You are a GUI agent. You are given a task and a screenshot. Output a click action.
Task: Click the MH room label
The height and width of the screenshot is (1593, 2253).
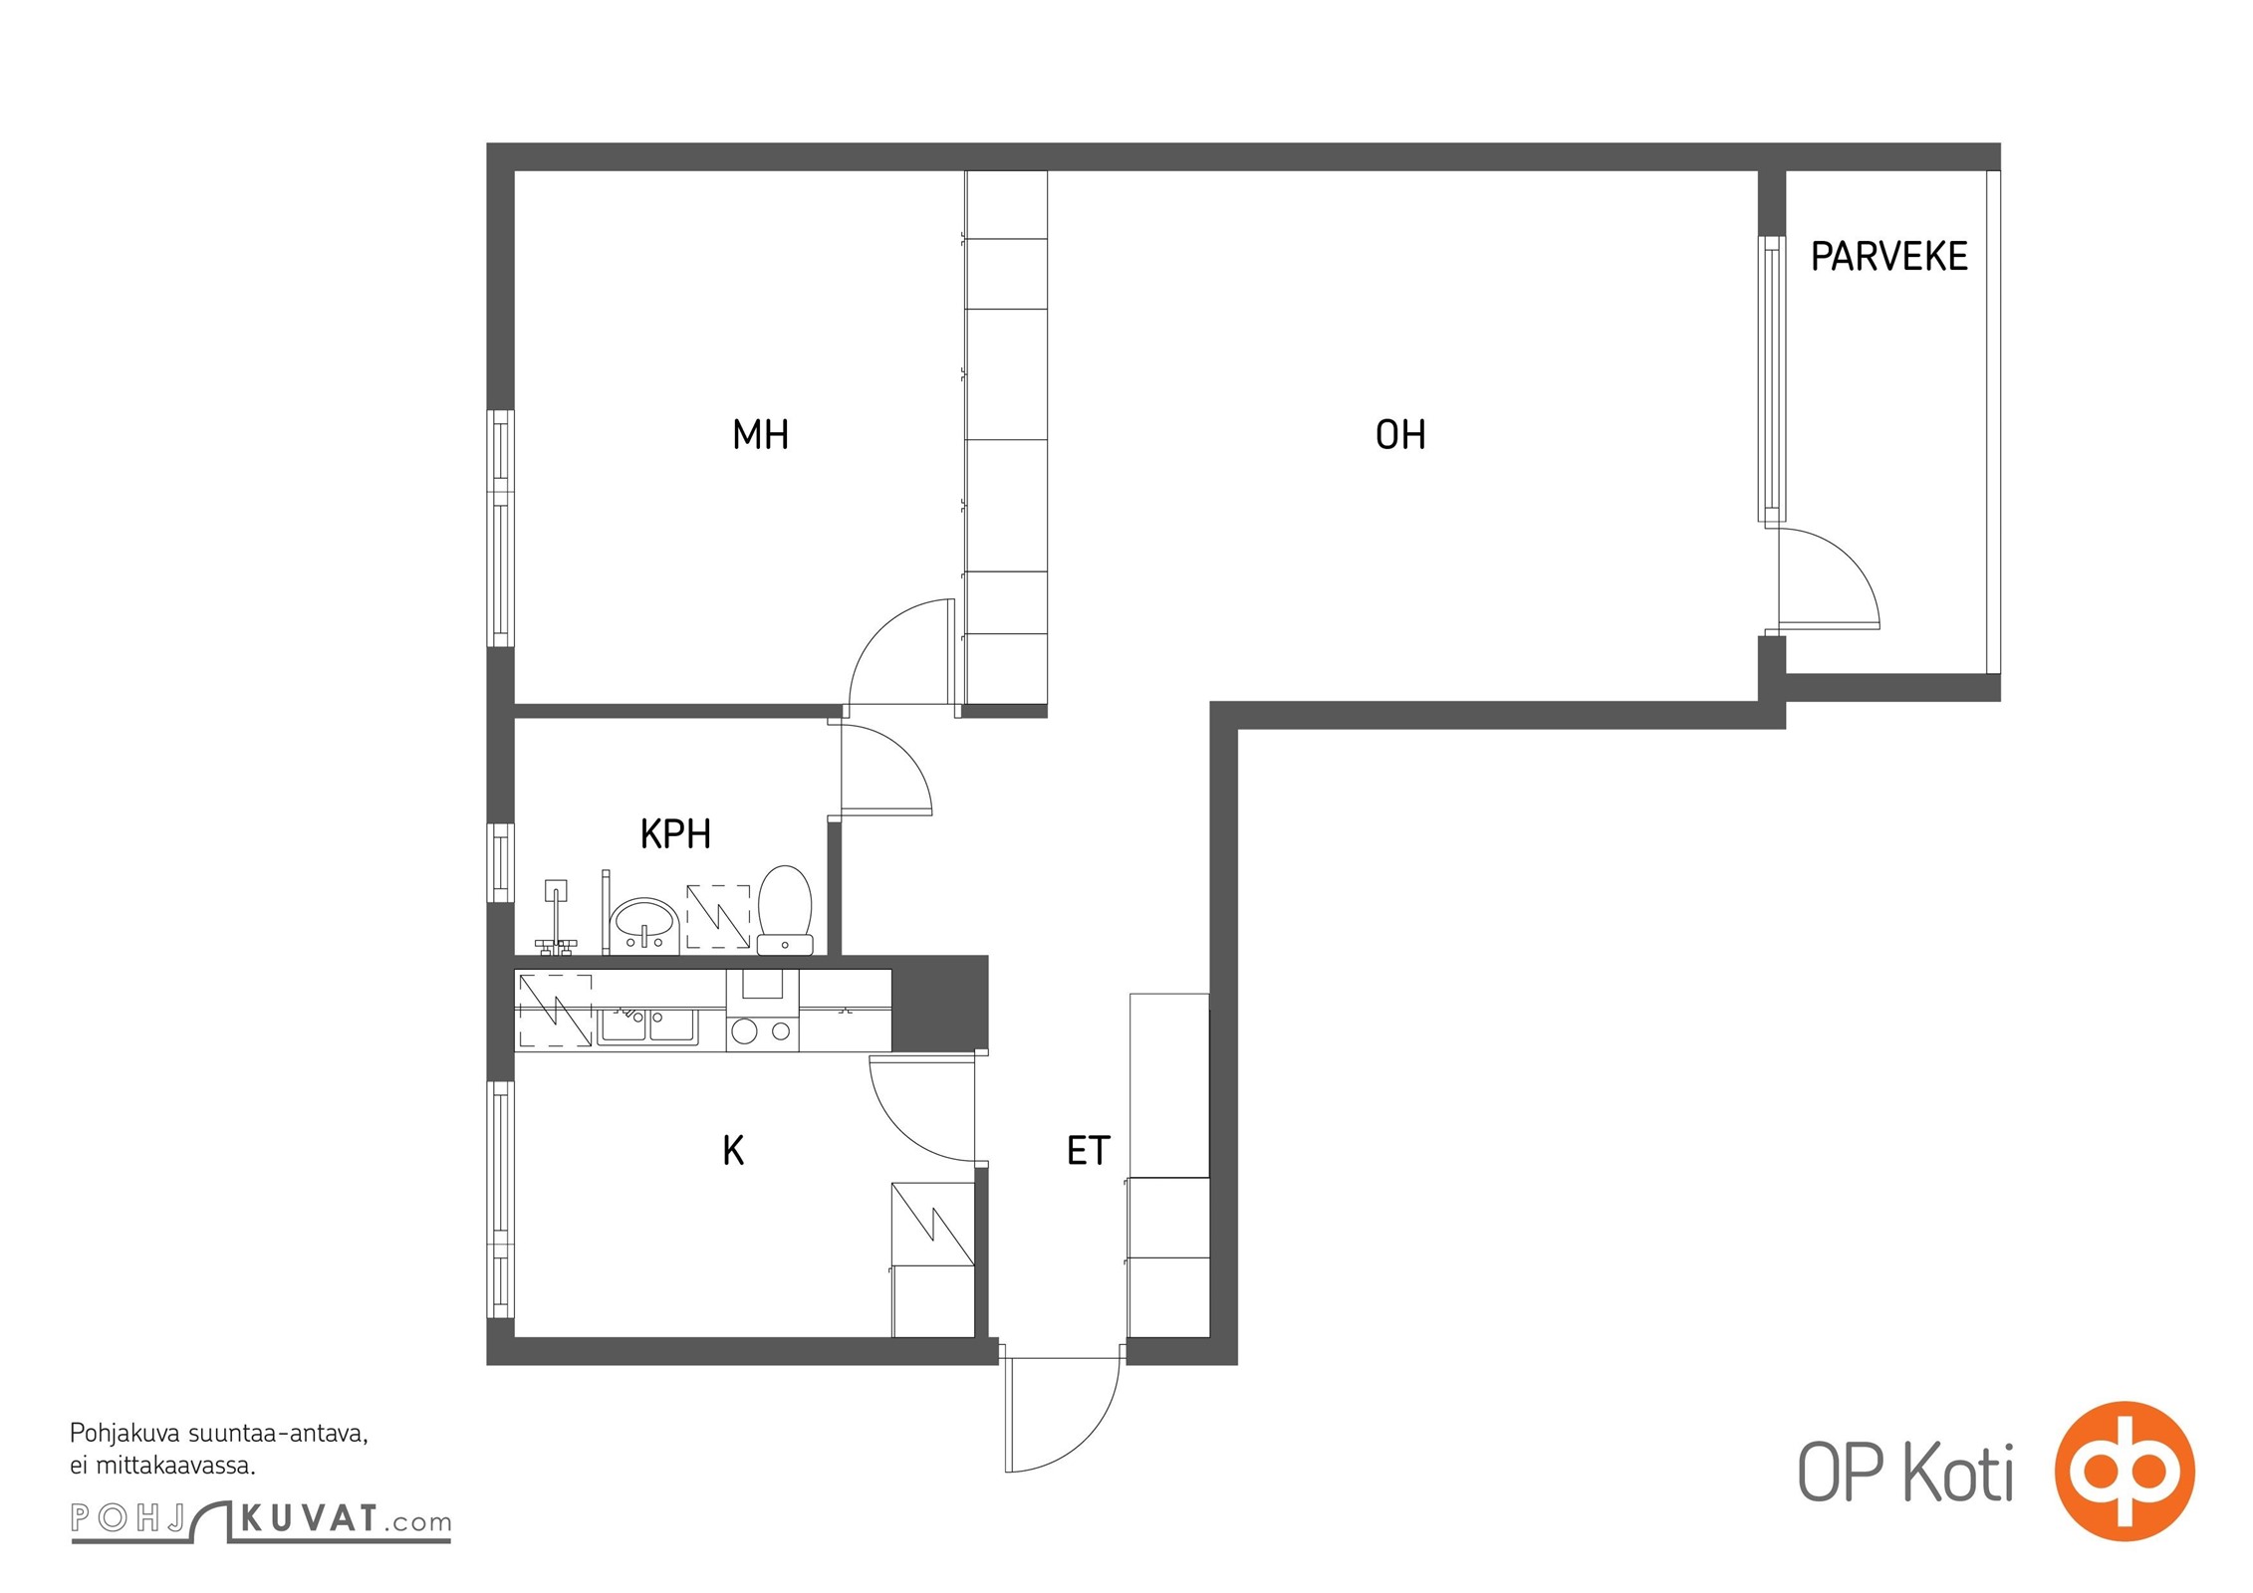[760, 435]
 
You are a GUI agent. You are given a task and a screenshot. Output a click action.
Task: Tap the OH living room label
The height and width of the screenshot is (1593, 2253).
[1399, 435]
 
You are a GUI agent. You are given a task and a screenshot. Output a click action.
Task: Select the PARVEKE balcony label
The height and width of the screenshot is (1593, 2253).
[1888, 257]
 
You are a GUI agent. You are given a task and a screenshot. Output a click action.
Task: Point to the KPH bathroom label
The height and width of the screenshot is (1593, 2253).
[675, 834]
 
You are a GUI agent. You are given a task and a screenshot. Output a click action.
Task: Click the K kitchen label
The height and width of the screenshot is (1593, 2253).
[733, 1151]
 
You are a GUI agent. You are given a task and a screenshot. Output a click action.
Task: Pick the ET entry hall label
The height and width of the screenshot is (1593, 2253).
[1088, 1151]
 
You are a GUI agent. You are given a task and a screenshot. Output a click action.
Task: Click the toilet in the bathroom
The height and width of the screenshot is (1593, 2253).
[785, 910]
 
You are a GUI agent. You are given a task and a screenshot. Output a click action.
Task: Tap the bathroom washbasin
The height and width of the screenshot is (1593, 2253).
[644, 925]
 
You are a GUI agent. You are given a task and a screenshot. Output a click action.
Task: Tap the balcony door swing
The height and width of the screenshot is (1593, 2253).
[1829, 578]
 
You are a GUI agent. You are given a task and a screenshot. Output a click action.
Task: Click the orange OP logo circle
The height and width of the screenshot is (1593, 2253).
[2126, 1472]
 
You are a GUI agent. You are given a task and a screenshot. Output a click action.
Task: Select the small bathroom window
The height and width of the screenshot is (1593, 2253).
[501, 863]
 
